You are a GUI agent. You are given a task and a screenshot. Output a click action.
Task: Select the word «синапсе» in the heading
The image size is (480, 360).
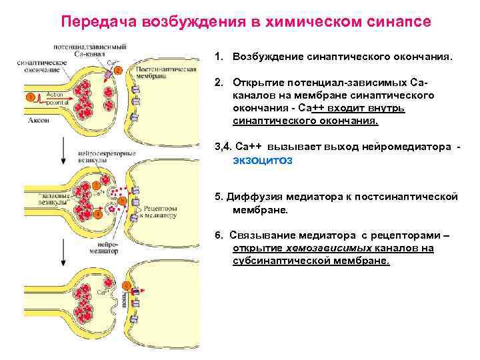tap(397, 22)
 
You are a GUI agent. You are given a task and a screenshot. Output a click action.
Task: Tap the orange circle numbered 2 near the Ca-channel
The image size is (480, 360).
tap(118, 69)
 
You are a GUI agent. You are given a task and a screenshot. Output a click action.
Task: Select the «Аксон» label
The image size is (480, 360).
tap(38, 121)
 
